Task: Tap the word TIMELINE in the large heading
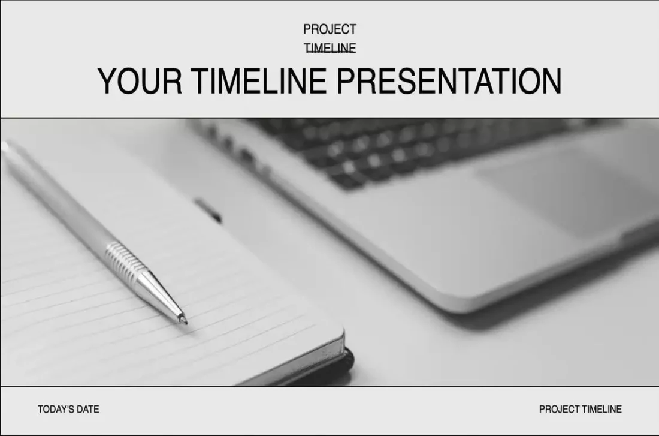[x=261, y=81]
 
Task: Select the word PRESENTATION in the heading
[x=449, y=81]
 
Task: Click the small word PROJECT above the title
[x=329, y=29]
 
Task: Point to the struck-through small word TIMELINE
[x=329, y=48]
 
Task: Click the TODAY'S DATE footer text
[x=68, y=410]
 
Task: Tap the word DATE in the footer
[x=87, y=410]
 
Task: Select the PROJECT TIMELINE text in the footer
[x=580, y=410]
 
